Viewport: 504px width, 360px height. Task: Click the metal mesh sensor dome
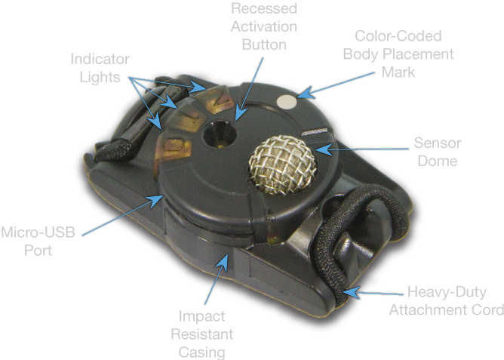(x=283, y=165)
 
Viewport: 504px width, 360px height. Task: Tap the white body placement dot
(x=287, y=103)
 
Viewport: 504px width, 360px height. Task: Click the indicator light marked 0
(x=174, y=149)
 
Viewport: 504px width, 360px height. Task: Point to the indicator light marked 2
(x=214, y=98)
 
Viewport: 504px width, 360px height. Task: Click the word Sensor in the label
(x=438, y=143)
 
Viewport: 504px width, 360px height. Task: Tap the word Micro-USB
(x=38, y=232)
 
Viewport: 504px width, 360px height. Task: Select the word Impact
(x=201, y=316)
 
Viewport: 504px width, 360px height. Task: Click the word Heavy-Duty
(x=447, y=292)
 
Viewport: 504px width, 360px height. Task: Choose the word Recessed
(x=264, y=8)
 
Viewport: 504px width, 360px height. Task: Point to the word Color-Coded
(x=398, y=36)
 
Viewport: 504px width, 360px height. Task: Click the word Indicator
(x=100, y=59)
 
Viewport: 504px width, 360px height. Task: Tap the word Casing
(x=201, y=352)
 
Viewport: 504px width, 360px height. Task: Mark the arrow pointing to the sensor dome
(x=362, y=149)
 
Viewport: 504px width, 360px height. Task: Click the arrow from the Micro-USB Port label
(x=123, y=215)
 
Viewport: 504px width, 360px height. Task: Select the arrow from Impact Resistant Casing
(x=217, y=278)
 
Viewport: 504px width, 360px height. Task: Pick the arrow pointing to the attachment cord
(x=373, y=293)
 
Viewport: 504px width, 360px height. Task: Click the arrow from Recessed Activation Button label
(x=249, y=89)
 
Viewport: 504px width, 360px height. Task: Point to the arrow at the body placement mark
(x=336, y=85)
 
